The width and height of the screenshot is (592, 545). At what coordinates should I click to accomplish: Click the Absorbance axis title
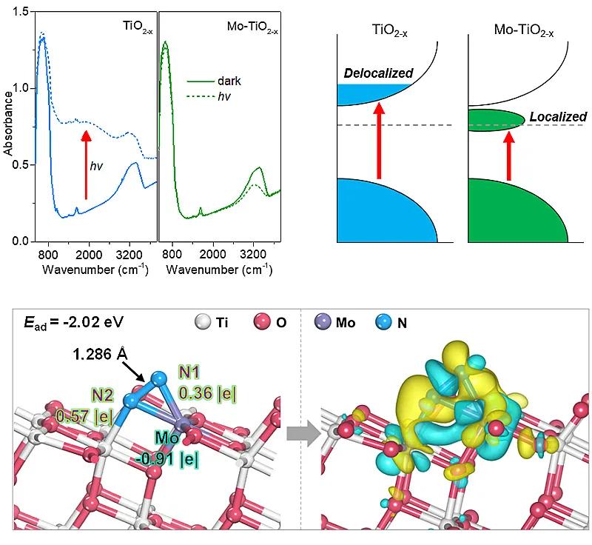(x=8, y=126)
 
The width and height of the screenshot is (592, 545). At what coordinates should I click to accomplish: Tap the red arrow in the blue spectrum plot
(x=86, y=164)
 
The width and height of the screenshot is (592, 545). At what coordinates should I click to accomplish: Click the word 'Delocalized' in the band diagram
(x=378, y=74)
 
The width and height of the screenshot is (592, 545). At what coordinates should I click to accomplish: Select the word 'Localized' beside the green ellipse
(x=558, y=117)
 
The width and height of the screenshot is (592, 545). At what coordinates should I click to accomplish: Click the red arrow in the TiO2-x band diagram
(x=380, y=141)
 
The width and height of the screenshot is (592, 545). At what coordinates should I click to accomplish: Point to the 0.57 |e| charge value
(x=81, y=416)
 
